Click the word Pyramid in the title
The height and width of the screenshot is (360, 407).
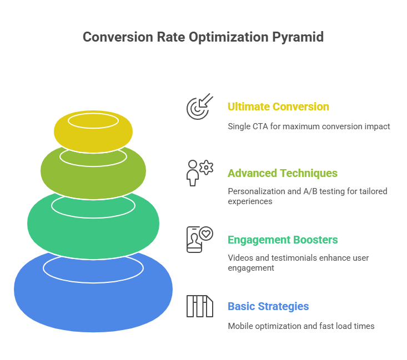(298, 37)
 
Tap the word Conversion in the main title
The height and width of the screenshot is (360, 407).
(118, 37)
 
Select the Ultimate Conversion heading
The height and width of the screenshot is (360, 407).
(278, 107)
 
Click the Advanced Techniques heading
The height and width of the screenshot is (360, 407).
(283, 173)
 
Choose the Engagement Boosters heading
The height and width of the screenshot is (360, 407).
(283, 240)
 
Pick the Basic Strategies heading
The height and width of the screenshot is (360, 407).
(268, 307)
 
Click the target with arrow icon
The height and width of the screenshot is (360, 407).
(199, 107)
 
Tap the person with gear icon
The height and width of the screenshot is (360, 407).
(199, 173)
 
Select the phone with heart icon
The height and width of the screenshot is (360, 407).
(199, 240)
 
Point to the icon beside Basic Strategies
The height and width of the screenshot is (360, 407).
(199, 306)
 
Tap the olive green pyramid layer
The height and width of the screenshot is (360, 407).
(93, 181)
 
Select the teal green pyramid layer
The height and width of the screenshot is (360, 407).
(93, 234)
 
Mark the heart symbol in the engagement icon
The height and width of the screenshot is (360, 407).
(206, 234)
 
